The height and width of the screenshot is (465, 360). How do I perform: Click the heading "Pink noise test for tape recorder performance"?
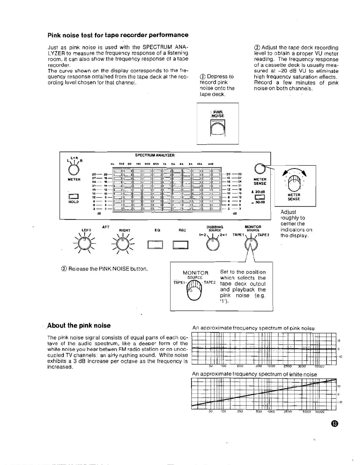point(118,35)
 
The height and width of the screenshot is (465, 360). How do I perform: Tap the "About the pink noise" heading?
point(79,325)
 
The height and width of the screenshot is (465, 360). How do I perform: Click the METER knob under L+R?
point(74,170)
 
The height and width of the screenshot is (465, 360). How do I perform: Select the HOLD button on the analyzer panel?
point(73,197)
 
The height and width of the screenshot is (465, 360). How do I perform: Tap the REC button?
point(180,245)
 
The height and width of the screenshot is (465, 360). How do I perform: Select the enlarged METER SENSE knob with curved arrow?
point(294,183)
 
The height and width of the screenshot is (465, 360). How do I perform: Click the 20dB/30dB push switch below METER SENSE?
point(260,197)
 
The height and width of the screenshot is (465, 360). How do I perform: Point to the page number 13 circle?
point(334,424)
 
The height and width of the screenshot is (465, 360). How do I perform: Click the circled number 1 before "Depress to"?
point(202,77)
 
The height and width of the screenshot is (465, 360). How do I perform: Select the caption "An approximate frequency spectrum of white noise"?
point(254,374)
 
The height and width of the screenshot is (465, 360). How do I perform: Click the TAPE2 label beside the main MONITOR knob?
point(264,235)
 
